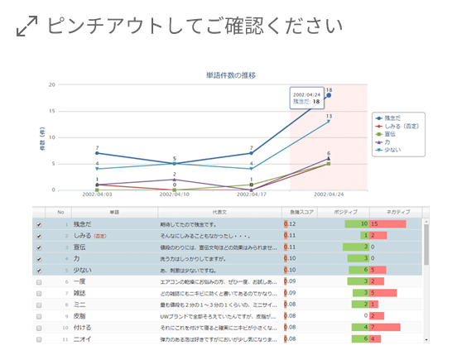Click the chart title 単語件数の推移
(x=231, y=75)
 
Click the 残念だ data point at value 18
(x=329, y=96)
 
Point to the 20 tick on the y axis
(x=51, y=84)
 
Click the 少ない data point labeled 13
(x=329, y=122)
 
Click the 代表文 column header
(x=219, y=213)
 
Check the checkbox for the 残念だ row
(x=39, y=224)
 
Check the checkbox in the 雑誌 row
(x=39, y=293)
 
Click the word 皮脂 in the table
(x=79, y=316)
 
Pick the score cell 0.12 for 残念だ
(x=291, y=224)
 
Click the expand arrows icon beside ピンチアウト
(x=26, y=27)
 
